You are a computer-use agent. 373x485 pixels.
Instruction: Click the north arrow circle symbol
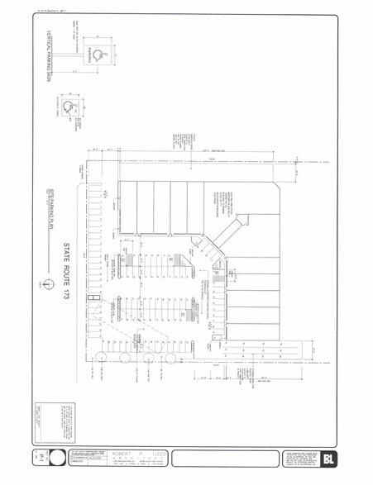(x=49, y=282)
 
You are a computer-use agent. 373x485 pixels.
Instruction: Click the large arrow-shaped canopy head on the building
(x=241, y=221)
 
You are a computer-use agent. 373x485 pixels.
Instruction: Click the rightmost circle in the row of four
(x=173, y=358)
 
